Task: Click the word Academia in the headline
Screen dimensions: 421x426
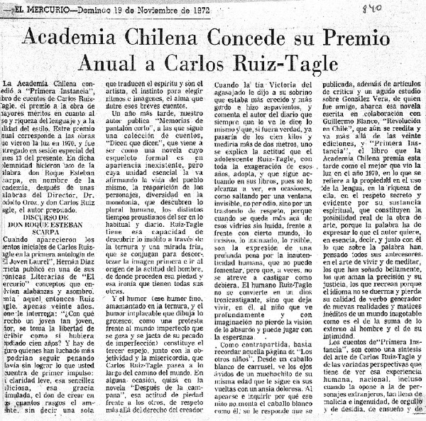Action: (82, 38)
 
